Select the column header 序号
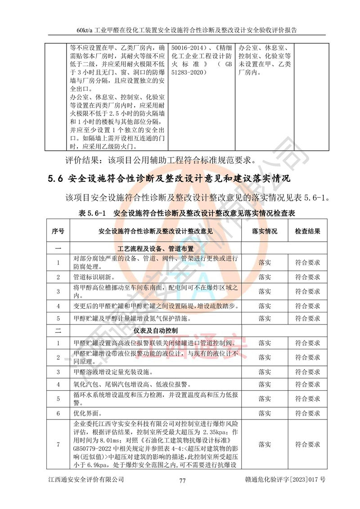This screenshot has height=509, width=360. pyautogui.click(x=58, y=231)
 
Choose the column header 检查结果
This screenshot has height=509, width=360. pyautogui.click(x=308, y=231)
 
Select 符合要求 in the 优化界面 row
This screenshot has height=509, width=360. pyautogui.click(x=308, y=413)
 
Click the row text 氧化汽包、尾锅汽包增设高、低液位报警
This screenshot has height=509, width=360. pyautogui.click(x=130, y=385)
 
